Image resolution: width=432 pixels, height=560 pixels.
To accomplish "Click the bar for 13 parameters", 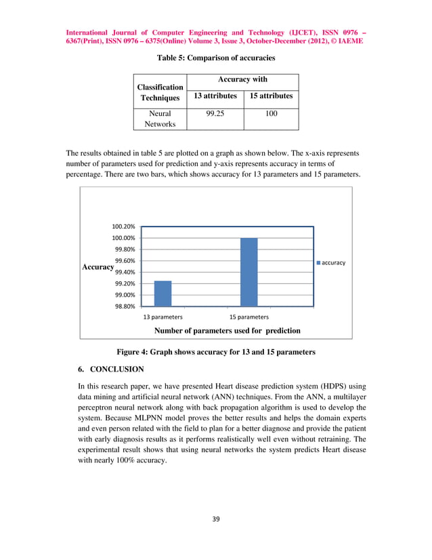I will (x=163, y=293).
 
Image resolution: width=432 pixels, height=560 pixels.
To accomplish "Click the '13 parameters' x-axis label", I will (x=163, y=317).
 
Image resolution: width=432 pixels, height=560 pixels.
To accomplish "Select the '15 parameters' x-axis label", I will (x=249, y=317).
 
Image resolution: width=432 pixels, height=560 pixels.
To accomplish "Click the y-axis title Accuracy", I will (x=98, y=267).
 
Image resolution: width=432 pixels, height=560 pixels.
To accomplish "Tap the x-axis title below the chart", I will (x=228, y=331).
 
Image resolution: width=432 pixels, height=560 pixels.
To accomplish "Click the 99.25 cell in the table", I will (x=215, y=115).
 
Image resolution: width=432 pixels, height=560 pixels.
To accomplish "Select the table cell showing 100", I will (x=271, y=115).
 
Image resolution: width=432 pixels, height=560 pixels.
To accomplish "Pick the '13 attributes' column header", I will (x=215, y=96).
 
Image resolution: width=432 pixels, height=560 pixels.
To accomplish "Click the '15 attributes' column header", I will (x=271, y=96).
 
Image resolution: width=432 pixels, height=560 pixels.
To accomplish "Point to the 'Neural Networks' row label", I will (x=160, y=119).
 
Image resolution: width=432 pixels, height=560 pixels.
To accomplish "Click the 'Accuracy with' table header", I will (x=242, y=79).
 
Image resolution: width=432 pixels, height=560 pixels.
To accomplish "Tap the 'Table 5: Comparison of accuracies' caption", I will (x=215, y=58).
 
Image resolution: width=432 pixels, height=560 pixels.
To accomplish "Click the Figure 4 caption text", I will (x=216, y=352).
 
